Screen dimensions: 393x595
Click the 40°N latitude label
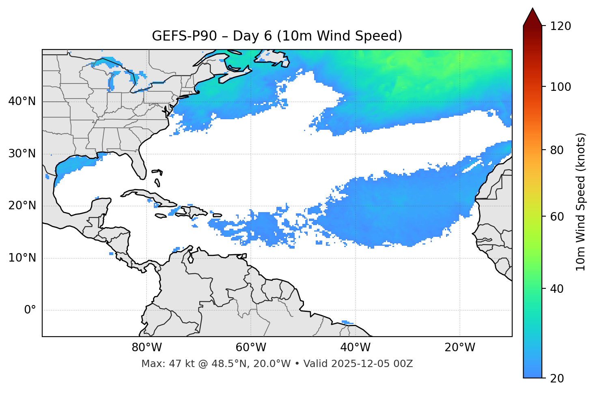(x=22, y=101)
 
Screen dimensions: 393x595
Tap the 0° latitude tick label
(x=30, y=310)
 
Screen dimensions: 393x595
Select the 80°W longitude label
(x=147, y=348)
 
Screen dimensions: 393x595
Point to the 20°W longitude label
(x=460, y=348)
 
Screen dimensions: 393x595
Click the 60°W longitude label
(x=251, y=348)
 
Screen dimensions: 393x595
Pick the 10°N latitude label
(x=22, y=258)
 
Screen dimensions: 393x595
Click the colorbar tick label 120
(x=561, y=26)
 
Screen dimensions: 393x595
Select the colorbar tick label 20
(x=557, y=378)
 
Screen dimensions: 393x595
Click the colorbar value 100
(x=561, y=87)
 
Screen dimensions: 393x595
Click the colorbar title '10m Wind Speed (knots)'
(x=581, y=202)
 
